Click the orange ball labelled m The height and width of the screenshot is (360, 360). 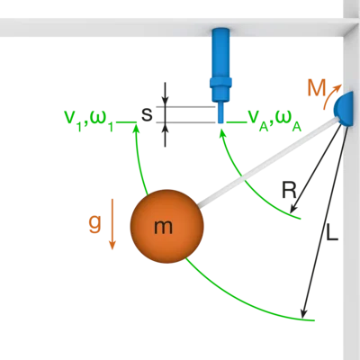[166, 226]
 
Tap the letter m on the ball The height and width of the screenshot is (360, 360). [163, 227]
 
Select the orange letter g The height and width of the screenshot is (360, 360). [94, 224]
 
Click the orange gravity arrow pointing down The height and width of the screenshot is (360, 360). [112, 224]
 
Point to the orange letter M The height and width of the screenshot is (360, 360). [317, 89]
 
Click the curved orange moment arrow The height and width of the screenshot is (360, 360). [331, 95]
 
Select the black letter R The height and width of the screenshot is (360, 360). [289, 190]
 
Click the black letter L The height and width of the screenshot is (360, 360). [332, 232]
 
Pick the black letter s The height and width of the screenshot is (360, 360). [147, 114]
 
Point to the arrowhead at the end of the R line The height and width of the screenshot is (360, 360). [293, 209]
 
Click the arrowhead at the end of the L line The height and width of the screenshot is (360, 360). [304, 313]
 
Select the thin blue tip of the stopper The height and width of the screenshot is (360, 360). [220, 112]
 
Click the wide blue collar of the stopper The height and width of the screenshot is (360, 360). [220, 83]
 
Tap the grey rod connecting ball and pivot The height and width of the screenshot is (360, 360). [267, 163]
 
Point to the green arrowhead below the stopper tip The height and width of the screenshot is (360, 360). [221, 134]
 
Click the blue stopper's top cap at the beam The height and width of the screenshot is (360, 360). [220, 31]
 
